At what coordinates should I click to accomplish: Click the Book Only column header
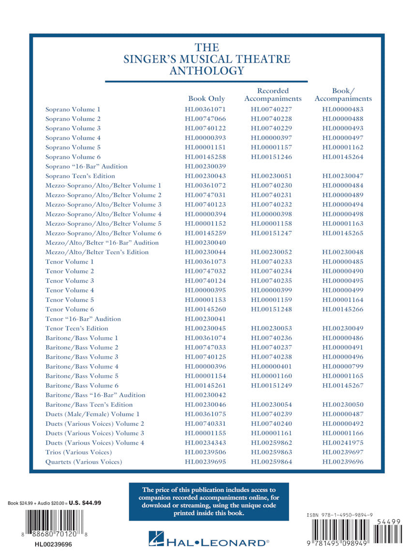click(x=207, y=99)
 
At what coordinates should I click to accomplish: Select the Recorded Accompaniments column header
click(x=273, y=94)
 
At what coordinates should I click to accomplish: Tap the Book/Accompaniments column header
click(x=343, y=94)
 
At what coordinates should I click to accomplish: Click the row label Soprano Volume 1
click(x=73, y=109)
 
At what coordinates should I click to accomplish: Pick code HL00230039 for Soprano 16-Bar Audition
click(x=205, y=167)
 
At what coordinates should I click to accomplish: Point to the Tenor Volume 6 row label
click(x=70, y=310)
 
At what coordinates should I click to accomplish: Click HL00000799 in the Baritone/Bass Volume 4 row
click(x=343, y=367)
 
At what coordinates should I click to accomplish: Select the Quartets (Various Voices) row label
click(x=84, y=462)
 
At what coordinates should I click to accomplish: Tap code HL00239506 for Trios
click(x=205, y=452)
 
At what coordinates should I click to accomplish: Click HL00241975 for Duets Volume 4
click(x=343, y=443)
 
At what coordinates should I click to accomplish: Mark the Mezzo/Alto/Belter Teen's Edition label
click(x=97, y=252)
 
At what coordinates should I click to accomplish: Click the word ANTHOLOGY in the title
click(x=207, y=71)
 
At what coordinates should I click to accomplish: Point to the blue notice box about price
click(x=209, y=501)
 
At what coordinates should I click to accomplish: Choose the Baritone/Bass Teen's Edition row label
click(x=89, y=405)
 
